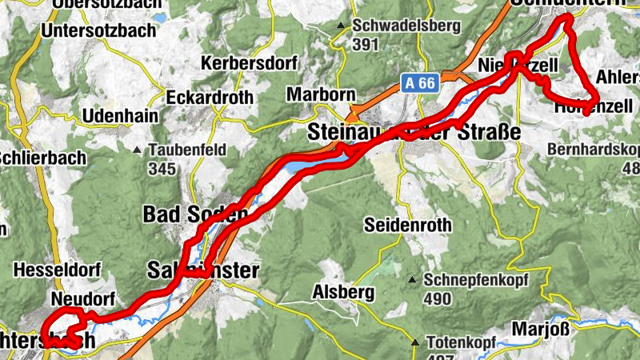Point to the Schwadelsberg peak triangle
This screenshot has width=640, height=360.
point(340,26)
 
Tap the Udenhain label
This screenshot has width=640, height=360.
point(120,115)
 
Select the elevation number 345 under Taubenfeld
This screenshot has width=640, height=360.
point(161,169)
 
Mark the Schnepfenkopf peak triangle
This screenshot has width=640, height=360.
point(412,280)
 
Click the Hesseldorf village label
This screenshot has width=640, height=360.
point(54,270)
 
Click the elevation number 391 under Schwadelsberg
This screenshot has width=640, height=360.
point(364,45)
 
